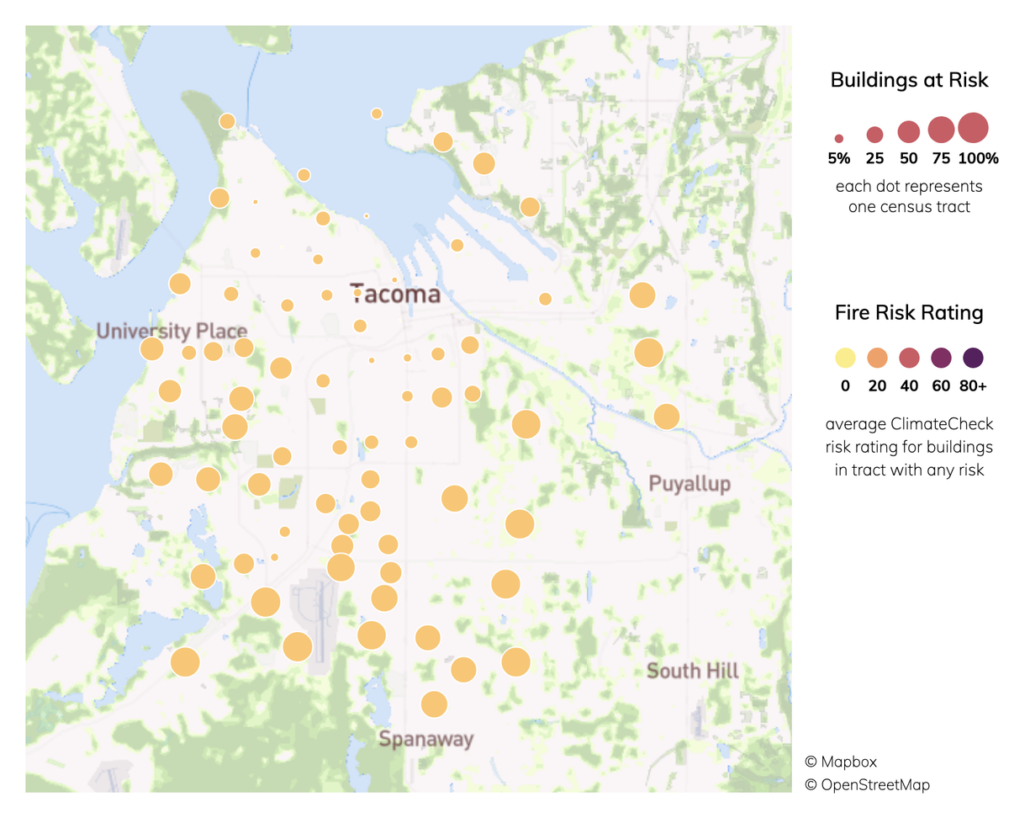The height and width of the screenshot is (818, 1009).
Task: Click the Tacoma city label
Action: [395, 294]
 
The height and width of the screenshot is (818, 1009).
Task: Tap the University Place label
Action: [172, 331]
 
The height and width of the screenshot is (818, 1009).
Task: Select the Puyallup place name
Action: [689, 483]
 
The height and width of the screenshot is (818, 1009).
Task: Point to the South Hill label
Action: [693, 671]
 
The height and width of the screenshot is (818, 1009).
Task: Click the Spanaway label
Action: [425, 740]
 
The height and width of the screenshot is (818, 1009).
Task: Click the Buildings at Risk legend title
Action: [908, 81]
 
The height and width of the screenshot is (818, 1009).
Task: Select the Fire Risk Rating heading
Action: [908, 313]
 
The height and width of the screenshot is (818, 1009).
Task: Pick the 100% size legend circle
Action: [972, 128]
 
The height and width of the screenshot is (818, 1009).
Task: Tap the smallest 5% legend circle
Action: [839, 137]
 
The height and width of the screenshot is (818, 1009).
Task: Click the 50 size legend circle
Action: [908, 131]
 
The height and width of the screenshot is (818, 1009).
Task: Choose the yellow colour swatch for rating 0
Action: [845, 358]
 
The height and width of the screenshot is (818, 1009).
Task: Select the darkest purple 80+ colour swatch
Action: [973, 358]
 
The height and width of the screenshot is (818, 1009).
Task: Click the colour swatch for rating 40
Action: [909, 358]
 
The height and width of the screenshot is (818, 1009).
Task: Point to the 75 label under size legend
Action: [941, 158]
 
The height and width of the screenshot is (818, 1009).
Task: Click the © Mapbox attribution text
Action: [841, 762]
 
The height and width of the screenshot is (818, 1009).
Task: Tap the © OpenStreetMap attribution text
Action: [867, 784]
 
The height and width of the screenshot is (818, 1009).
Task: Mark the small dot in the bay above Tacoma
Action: [367, 216]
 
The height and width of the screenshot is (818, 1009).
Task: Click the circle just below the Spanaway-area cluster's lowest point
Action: [434, 704]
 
